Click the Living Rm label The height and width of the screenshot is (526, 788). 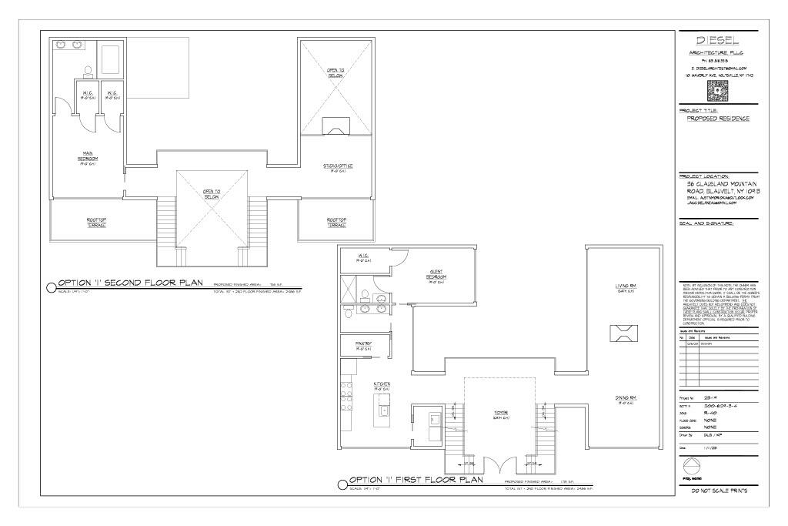pos(624,288)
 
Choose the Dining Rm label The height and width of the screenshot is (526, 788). pos(625,399)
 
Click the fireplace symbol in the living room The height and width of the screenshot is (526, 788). pos(623,332)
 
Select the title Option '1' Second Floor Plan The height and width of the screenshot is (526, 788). pos(129,283)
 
